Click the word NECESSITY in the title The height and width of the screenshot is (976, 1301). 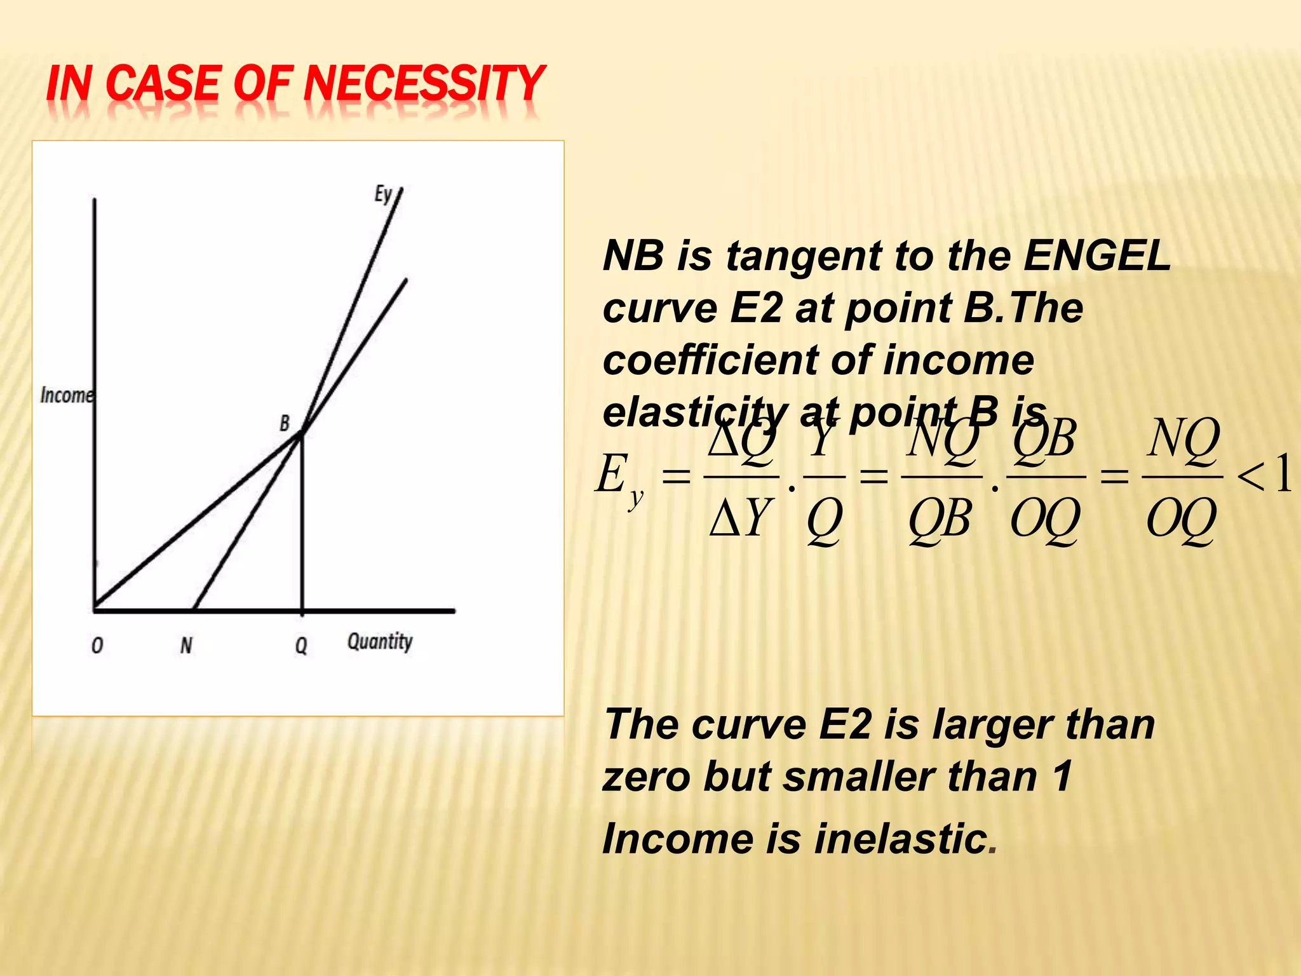tap(424, 84)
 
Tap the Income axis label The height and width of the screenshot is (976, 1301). tap(67, 395)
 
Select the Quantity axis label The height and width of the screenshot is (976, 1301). tap(380, 642)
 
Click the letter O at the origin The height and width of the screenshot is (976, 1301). tap(97, 646)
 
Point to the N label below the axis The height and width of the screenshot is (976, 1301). tap(186, 646)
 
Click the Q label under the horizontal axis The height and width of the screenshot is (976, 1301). tap(301, 646)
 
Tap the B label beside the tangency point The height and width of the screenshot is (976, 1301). tap(285, 423)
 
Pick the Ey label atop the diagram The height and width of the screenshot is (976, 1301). tap(383, 194)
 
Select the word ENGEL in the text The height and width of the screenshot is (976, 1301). tap(1097, 255)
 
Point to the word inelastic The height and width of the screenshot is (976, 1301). tap(901, 838)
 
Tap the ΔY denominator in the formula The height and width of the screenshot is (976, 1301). tap(741, 518)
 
